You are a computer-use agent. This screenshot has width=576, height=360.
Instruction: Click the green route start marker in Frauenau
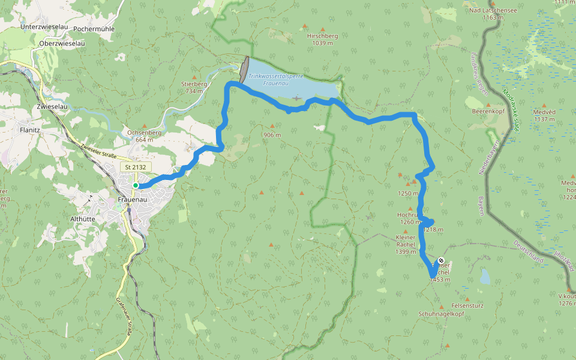[x=136, y=185]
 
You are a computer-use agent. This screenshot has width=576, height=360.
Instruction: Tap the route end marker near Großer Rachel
[x=442, y=260]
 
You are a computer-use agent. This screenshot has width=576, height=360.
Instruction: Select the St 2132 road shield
[x=136, y=167]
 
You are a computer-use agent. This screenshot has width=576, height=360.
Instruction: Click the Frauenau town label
[x=133, y=199]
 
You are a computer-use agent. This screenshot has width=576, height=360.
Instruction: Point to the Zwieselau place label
[x=50, y=106]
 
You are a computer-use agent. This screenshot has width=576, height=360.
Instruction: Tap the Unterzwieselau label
[x=42, y=27]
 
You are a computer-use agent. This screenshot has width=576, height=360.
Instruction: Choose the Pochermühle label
[x=94, y=28]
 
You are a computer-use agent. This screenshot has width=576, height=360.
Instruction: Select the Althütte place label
[x=82, y=219]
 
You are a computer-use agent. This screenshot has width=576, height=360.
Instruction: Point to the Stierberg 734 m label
[x=194, y=87]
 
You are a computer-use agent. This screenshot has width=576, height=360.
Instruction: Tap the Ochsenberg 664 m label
[x=141, y=136]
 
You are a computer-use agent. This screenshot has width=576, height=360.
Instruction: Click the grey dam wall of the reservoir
[x=244, y=70]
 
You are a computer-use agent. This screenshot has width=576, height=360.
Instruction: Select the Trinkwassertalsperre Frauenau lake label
[x=277, y=79]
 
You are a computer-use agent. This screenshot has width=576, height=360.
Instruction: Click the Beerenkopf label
[x=487, y=112]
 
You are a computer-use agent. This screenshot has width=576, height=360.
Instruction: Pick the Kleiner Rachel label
[x=406, y=244]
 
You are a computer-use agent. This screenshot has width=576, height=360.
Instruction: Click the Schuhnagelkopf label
[x=441, y=314]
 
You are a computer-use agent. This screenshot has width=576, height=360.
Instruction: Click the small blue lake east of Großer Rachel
[x=485, y=276]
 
